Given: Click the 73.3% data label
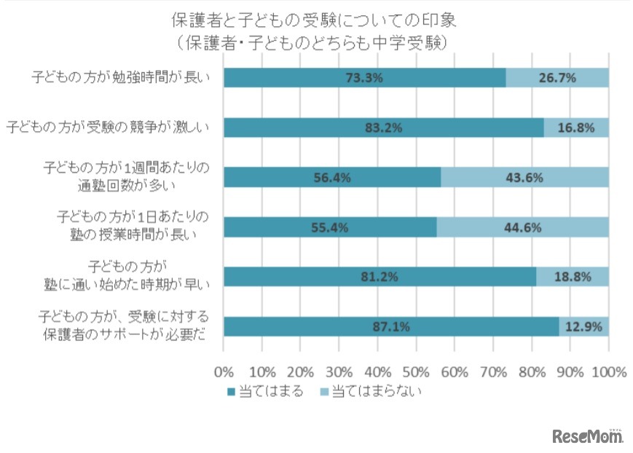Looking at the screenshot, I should coord(365,78).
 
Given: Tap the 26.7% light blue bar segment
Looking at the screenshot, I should coord(557,78).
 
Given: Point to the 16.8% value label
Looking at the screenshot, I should coord(576,127).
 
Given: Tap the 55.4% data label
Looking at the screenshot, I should coord(330,227).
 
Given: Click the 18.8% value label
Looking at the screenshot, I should coord(573,277).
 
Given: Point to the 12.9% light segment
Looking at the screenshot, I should coord(583,327).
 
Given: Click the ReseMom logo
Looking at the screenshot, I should coord(588,436).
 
